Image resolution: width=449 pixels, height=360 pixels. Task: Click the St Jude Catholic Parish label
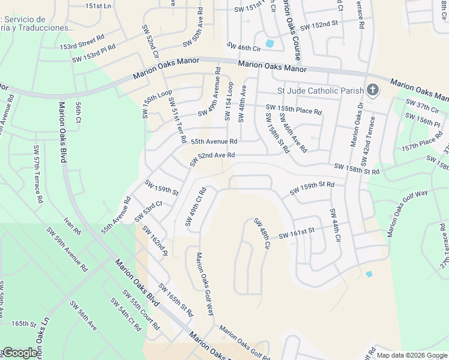320,91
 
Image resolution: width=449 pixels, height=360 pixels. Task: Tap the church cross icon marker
373,91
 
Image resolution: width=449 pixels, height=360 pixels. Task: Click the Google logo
20,353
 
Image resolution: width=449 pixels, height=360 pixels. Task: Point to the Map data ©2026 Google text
412,355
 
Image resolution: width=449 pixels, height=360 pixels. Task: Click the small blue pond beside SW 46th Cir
269,43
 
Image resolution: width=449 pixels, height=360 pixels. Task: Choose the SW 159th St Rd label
312,188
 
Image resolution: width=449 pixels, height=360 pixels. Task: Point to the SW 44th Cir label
334,226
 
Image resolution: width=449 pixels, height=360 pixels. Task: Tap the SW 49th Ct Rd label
196,207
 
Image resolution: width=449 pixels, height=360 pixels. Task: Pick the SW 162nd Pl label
154,241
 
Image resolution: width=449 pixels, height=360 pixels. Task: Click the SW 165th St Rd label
176,300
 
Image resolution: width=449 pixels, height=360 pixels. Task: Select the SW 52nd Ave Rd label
212,159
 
